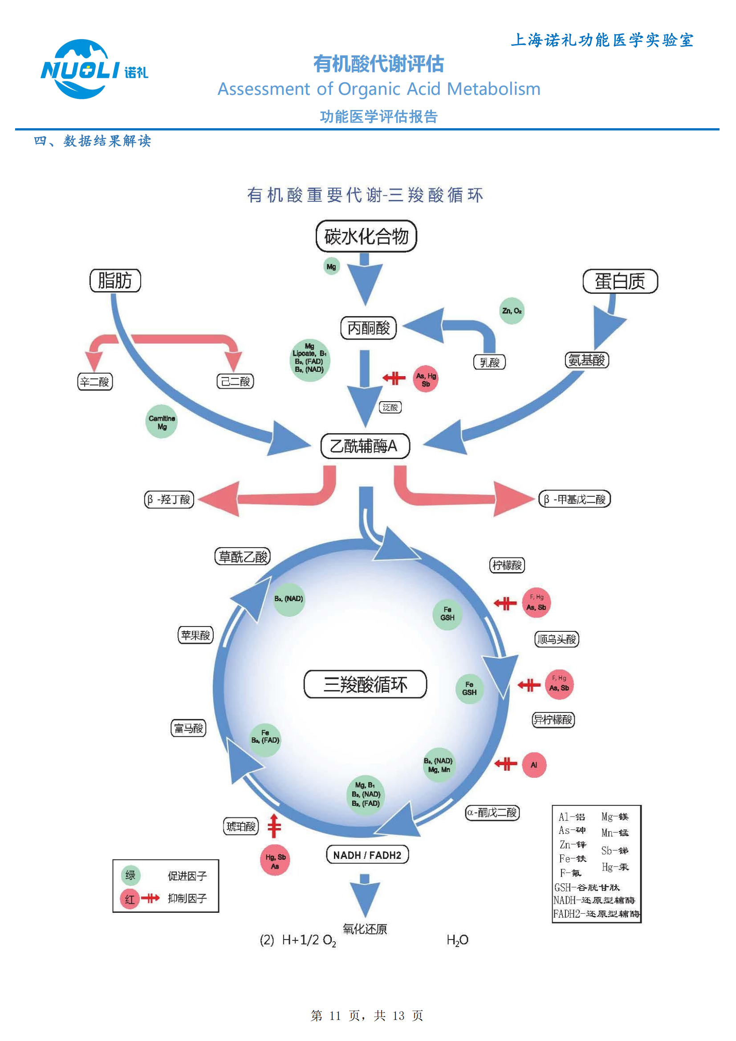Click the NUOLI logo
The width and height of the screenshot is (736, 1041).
tap(94, 69)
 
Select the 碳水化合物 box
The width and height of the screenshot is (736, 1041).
tap(366, 236)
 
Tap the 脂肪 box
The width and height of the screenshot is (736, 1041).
tap(115, 281)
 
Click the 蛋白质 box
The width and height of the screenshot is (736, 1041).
tap(620, 281)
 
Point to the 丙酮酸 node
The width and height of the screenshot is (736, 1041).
tap(368, 328)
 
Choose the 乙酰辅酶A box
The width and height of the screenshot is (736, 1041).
tap(365, 446)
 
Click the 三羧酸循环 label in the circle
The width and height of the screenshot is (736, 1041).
tap(365, 684)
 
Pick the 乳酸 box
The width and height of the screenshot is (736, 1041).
tap(489, 362)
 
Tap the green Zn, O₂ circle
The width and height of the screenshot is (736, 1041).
tap(512, 311)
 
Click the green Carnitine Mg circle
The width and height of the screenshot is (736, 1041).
tap(162, 422)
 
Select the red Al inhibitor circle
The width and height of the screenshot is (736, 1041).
tap(534, 765)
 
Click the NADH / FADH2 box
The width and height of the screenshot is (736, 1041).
tap(367, 855)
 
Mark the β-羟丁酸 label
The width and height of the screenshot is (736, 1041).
tap(169, 500)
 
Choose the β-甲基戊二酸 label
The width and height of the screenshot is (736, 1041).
tap(575, 499)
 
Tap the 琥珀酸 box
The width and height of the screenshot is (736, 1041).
tap(241, 826)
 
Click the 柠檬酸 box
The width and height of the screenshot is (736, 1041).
tap(507, 565)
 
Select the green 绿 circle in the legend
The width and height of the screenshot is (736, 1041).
tap(130, 875)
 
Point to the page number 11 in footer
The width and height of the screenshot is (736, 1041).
tap(335, 1016)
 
